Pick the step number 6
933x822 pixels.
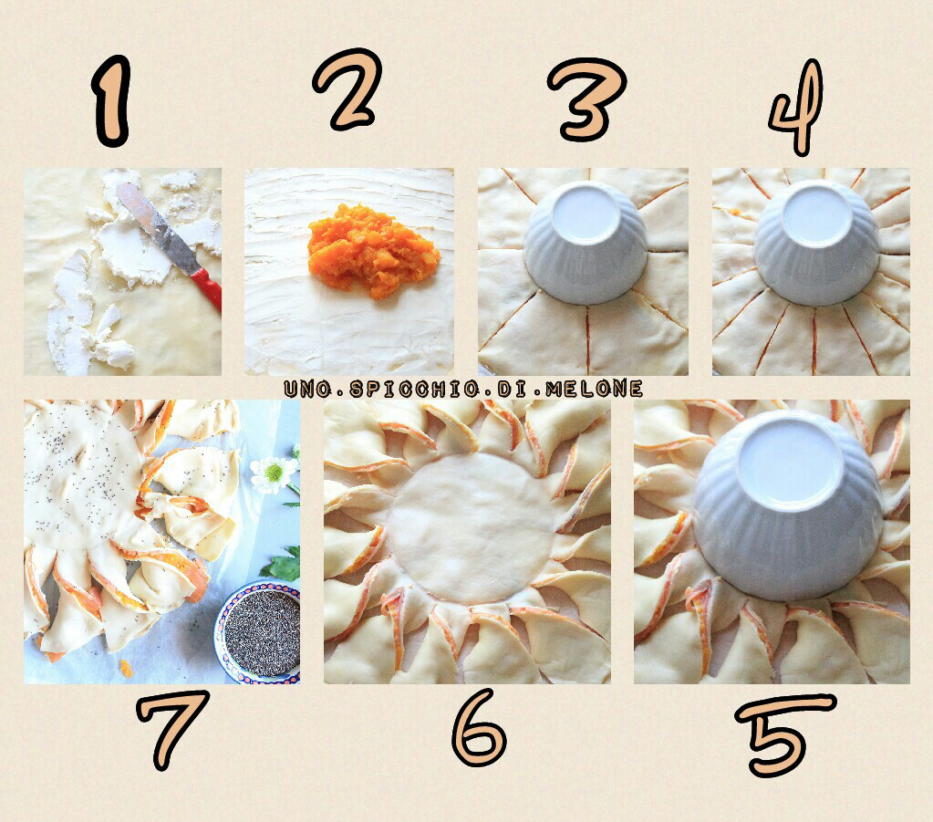point(478,727)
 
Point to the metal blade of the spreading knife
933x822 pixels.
point(159,227)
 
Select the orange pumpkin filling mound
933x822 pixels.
point(373,251)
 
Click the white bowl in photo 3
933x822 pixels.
point(586,242)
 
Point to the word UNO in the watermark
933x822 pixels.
point(307,390)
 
